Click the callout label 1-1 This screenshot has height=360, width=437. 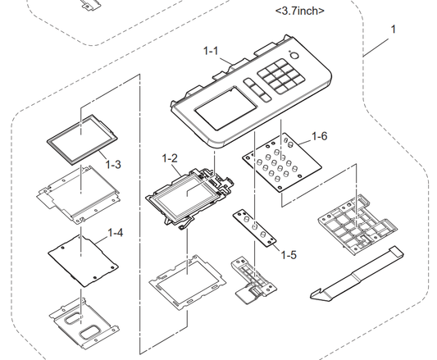211,51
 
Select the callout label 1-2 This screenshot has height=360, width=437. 170,158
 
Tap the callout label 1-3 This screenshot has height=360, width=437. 113,164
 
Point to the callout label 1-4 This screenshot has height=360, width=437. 115,233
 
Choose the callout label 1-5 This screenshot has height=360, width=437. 289,255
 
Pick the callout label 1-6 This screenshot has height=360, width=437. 320,136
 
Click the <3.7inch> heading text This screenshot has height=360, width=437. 300,11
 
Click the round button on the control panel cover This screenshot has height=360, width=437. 294,56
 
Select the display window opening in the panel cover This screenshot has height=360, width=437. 225,108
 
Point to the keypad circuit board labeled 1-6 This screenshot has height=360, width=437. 282,162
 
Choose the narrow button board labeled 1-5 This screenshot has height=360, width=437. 254,228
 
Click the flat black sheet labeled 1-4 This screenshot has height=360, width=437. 83,260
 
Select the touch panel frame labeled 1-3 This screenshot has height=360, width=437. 82,139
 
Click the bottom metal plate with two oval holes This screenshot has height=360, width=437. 84,322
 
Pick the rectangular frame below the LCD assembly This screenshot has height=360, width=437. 187,282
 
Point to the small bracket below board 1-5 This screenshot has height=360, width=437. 253,280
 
